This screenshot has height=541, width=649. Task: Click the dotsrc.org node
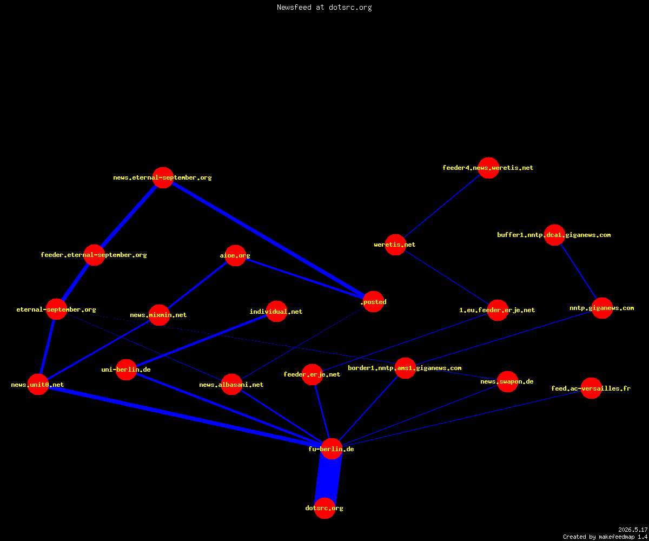pos(325,508)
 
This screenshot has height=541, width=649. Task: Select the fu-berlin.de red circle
pos(332,448)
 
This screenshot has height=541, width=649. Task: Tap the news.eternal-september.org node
pos(163,177)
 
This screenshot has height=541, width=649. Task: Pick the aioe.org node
pos(235,255)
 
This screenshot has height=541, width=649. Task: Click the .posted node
pos(373,301)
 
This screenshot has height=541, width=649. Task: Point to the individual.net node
pos(276,311)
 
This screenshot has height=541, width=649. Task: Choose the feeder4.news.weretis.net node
pos(488,168)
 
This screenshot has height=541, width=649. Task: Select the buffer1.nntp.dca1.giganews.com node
pos(554,235)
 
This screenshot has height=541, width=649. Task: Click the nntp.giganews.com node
pos(602,308)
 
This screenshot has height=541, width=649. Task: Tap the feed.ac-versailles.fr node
pos(591,388)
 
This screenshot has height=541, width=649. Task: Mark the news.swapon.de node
pos(507,381)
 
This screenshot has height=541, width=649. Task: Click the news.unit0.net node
pos(38,384)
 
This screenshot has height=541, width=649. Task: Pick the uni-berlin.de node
pos(126,370)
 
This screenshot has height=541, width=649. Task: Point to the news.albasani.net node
pos(231,384)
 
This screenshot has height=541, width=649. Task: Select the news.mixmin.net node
pos(159,315)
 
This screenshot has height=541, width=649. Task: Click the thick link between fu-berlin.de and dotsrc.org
pos(328,478)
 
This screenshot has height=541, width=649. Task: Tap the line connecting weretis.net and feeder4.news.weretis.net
pos(442,206)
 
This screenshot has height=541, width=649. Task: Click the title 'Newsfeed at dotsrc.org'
pos(324,7)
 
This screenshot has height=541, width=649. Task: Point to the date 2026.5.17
pos(633,530)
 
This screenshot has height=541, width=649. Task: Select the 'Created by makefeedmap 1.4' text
pos(605,537)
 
